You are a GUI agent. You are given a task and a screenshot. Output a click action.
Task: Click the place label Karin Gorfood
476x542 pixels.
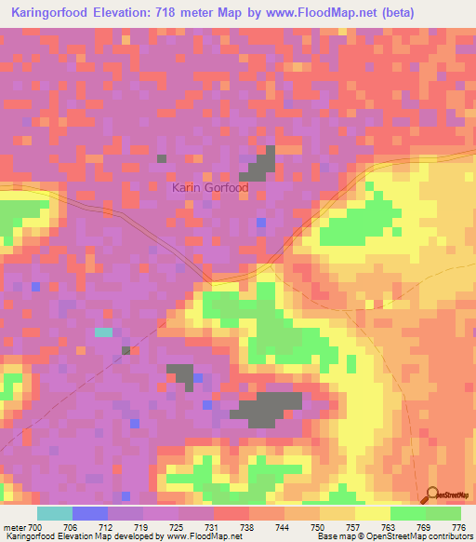click(x=210, y=187)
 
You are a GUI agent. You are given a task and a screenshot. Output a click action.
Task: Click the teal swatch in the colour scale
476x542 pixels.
click(x=55, y=513)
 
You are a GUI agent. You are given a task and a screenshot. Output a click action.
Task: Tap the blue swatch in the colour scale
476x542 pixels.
click(x=90, y=513)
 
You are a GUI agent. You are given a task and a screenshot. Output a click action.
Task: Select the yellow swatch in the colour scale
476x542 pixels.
click(x=373, y=513)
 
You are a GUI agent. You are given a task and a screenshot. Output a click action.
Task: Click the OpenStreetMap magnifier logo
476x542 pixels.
click(x=433, y=496)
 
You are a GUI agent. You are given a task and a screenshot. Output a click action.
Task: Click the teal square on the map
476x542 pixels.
click(x=103, y=332)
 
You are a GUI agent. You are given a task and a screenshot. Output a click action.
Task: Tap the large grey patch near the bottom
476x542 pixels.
click(x=269, y=408)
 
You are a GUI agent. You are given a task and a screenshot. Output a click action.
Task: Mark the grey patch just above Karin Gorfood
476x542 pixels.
click(x=260, y=166)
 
